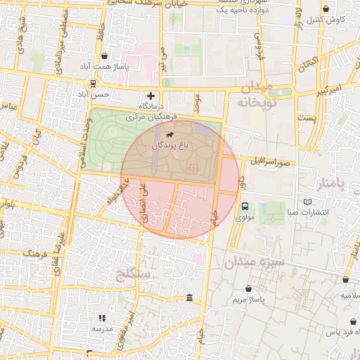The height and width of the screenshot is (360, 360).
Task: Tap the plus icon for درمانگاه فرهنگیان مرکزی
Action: (150, 96)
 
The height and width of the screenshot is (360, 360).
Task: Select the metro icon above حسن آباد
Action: (94, 83)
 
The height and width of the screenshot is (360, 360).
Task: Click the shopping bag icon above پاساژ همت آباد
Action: (105, 56)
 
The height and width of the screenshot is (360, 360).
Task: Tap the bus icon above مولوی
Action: (245, 206)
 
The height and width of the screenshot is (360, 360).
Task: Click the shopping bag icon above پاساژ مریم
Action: (248, 288)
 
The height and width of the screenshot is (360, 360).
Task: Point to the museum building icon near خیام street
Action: (189, 299)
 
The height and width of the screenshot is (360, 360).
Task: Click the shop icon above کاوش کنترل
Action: (326, 10)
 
